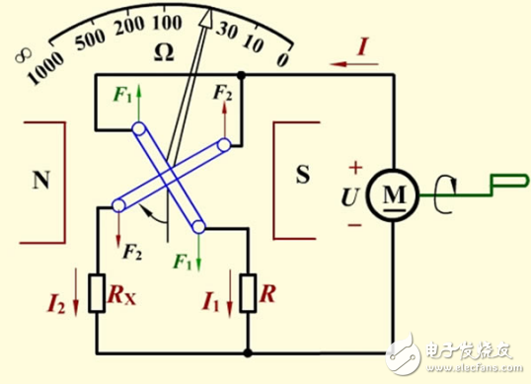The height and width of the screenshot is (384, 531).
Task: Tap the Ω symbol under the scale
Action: click(164, 53)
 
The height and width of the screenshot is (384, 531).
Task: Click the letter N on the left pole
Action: click(40, 180)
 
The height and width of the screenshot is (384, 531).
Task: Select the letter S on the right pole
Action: click(303, 178)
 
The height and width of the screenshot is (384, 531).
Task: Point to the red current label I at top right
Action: click(366, 45)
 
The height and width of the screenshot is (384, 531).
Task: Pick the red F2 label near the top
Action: click(223, 95)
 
